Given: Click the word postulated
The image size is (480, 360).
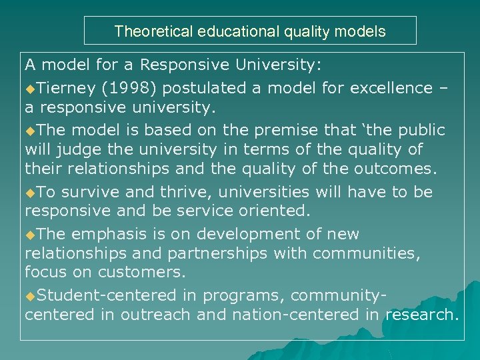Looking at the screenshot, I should click(x=205, y=88).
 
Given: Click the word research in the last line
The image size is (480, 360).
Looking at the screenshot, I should click(x=420, y=315).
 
